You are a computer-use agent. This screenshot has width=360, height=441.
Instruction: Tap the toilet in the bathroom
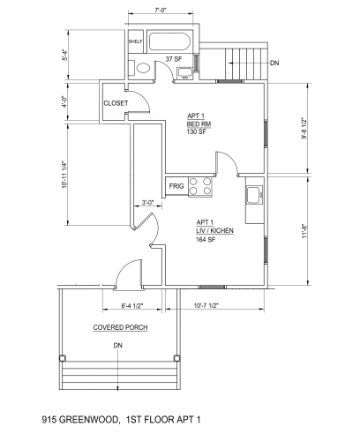[140, 68]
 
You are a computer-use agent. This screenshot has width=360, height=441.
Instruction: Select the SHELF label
[136, 41]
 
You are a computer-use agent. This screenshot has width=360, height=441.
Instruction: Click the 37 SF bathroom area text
[174, 59]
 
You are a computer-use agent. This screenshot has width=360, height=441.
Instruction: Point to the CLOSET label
[116, 103]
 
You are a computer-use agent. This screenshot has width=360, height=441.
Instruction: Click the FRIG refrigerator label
[176, 186]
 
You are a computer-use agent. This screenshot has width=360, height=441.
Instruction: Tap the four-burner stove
[200, 186]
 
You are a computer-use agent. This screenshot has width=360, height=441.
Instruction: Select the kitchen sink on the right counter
[254, 195]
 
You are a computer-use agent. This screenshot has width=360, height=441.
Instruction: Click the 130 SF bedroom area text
[197, 131]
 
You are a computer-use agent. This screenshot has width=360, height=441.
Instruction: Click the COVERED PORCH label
[120, 327]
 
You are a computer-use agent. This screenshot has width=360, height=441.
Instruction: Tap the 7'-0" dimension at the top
[161, 10]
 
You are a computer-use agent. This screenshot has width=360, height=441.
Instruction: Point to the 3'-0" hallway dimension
[147, 203]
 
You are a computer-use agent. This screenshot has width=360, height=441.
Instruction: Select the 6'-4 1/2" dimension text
[132, 305]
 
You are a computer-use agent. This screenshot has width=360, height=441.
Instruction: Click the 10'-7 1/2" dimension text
[206, 305]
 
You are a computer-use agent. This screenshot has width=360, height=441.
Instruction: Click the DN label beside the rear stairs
[274, 63]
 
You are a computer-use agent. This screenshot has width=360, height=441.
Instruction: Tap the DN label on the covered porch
[118, 345]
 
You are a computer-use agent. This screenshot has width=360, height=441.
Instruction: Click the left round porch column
[63, 358]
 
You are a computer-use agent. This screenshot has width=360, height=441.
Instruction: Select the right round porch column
[176, 358]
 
